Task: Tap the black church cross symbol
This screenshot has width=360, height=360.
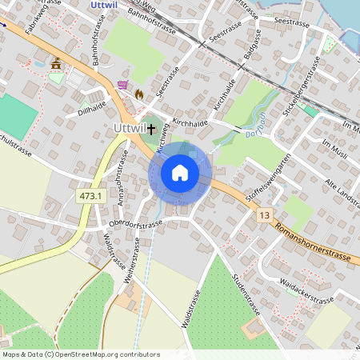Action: click(x=150, y=128)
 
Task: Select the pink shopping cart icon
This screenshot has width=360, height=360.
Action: click(x=122, y=85)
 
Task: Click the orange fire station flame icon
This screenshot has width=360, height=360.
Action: click(x=139, y=94)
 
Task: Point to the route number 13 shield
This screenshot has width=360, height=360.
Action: click(x=265, y=215)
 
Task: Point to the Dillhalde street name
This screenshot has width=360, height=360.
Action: click(x=92, y=109)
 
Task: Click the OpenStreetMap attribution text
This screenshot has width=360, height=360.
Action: click(x=81, y=354)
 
